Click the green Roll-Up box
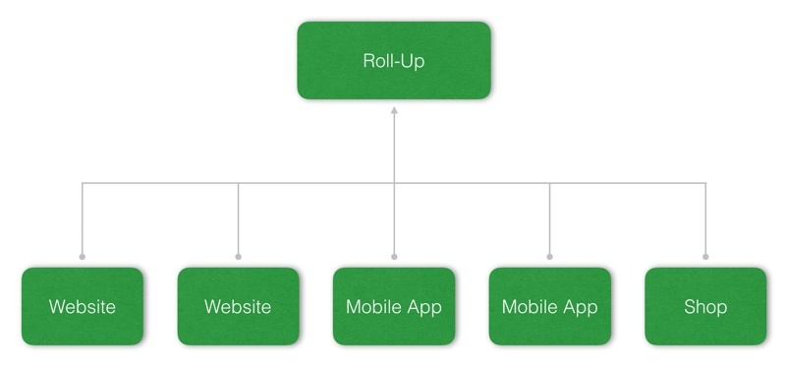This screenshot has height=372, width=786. (394, 60)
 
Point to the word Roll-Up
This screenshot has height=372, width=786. (394, 61)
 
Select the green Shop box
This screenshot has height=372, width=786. (705, 306)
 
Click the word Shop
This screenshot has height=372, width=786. (705, 307)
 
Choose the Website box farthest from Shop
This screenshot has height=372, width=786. (83, 306)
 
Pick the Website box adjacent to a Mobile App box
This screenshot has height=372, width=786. (238, 306)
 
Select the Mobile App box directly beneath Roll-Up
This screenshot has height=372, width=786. (394, 306)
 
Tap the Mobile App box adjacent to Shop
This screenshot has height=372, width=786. (549, 306)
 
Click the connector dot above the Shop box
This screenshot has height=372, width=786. (705, 257)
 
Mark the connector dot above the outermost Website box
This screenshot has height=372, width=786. (83, 257)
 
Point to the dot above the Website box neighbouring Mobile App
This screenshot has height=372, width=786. (238, 257)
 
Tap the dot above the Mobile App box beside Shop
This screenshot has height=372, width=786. (549, 257)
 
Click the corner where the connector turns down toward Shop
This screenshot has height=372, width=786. (705, 182)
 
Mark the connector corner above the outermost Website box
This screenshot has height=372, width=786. (83, 182)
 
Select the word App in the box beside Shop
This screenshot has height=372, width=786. (579, 308)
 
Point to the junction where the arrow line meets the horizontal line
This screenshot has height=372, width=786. (394, 182)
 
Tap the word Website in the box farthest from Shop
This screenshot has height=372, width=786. (83, 307)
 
